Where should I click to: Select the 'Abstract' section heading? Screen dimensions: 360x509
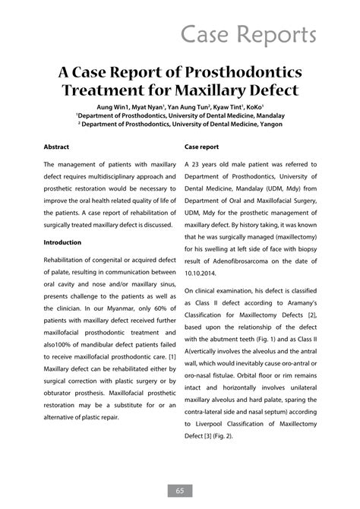(x=57, y=144)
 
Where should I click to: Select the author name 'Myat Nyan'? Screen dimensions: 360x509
(x=148, y=107)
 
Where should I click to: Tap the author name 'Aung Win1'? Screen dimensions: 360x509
(x=111, y=107)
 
